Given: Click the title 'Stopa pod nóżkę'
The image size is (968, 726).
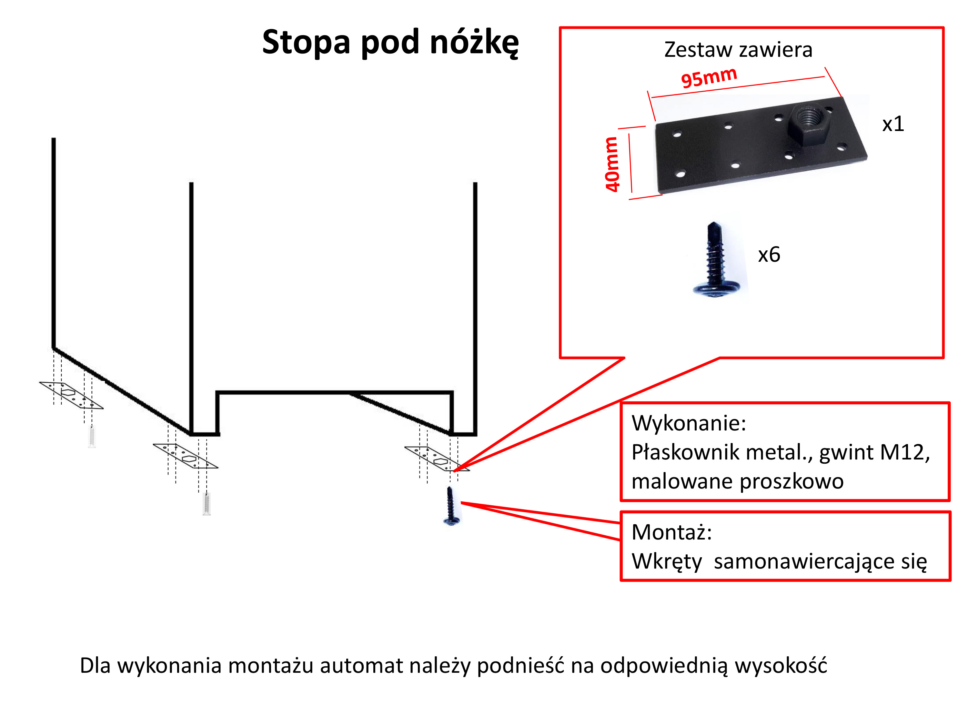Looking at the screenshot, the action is pos(390,43).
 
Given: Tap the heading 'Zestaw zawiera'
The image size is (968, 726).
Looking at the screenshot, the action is pos(738,49).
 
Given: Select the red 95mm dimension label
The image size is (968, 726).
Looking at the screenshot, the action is pos(709,77).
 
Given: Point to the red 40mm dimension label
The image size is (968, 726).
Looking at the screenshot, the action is pos(611,164).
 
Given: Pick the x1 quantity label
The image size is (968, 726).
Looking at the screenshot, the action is pos(893,124).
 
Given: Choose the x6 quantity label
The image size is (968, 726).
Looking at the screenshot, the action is pos(769,255).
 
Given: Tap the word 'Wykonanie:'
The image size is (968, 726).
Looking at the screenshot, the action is pos(689,423).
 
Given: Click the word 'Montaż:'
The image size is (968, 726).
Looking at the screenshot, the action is pos(672,533).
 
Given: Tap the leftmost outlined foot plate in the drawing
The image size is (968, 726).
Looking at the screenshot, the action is pos(71,395).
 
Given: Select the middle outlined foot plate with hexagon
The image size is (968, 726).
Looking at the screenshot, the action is pos(186,456).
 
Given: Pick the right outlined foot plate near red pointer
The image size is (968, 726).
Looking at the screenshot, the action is pos(437,459).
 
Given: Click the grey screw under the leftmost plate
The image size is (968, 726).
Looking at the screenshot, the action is pos(91,436).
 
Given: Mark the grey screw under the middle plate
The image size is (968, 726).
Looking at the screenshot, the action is pos(207,504).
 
